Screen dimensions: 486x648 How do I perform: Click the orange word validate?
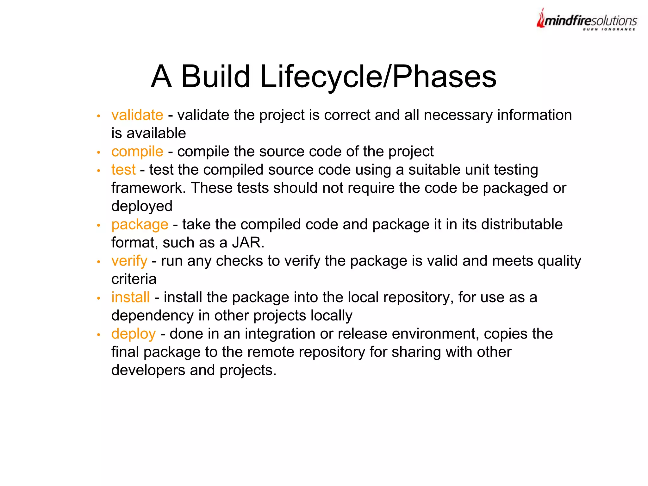point(137,115)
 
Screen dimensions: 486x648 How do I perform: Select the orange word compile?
point(137,152)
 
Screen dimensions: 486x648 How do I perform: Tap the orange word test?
point(123,170)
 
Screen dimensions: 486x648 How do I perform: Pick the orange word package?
point(140,225)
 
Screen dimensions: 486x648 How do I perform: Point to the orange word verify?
point(129,261)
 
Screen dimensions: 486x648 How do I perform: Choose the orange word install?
point(130,297)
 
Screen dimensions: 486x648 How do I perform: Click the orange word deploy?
point(133,334)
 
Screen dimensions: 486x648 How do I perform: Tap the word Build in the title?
point(215,77)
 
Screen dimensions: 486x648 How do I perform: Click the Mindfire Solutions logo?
point(587,20)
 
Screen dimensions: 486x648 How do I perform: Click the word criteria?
point(134,279)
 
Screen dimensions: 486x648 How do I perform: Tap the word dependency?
point(153,316)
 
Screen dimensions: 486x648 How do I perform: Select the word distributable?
point(522,224)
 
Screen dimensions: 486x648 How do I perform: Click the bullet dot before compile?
point(99,153)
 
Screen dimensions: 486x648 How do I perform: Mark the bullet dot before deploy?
point(99,335)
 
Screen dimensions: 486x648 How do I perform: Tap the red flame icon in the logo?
point(541,19)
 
